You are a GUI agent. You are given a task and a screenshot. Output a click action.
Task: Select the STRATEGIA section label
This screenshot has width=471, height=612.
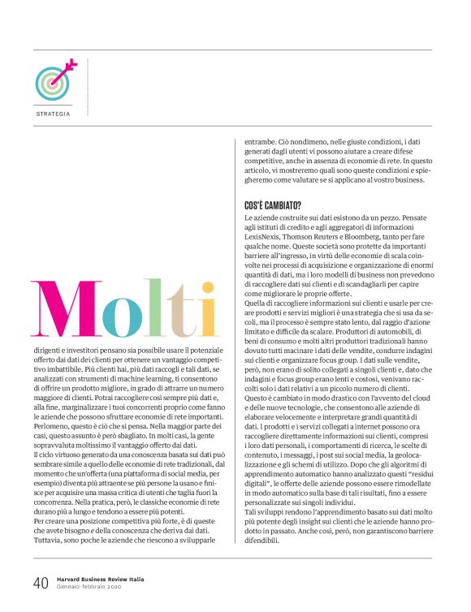tap(53, 114)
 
